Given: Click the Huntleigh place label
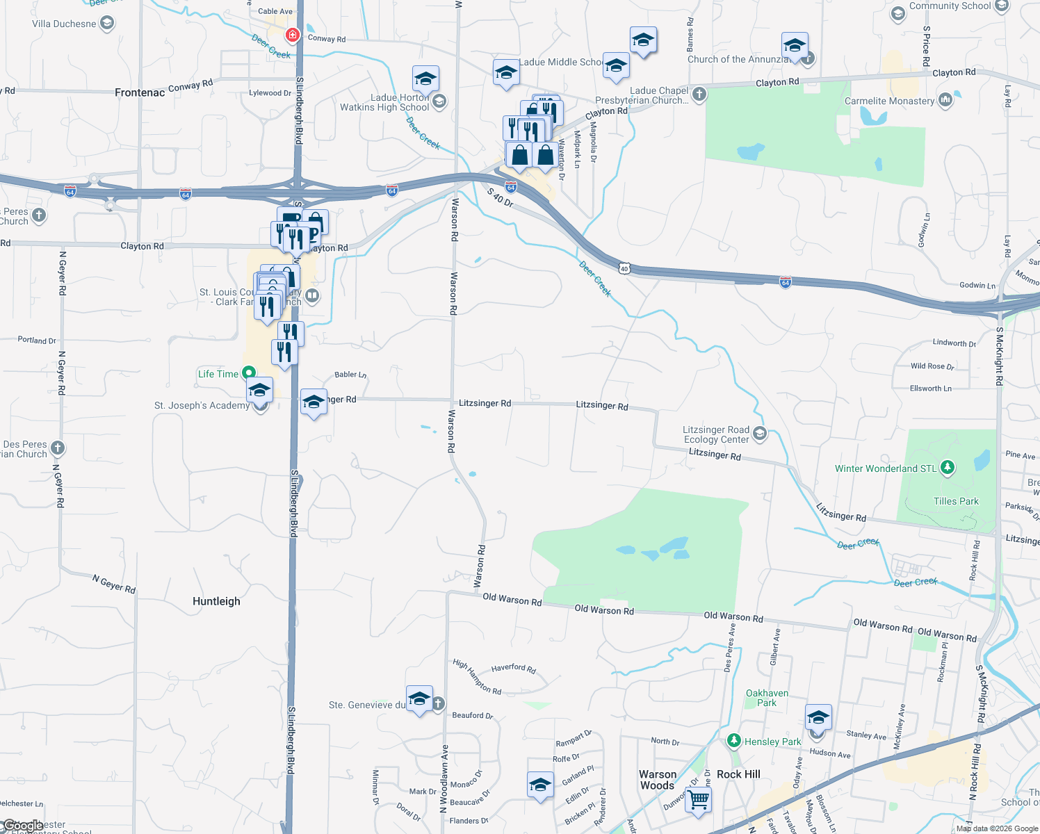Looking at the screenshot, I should click(x=216, y=601).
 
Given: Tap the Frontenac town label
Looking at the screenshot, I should click(x=140, y=92).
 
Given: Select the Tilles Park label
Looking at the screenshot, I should click(x=956, y=501).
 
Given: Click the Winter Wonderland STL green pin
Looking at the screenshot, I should click(x=947, y=468).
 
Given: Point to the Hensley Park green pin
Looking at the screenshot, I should click(x=733, y=741).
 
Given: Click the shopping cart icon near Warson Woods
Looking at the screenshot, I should click(x=698, y=799).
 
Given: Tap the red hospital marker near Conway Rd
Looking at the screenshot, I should click(x=293, y=34).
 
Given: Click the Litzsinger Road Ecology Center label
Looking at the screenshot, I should click(x=716, y=434).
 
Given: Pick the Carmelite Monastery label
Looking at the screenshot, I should click(x=889, y=101).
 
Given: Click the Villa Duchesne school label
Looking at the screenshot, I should click(x=64, y=24).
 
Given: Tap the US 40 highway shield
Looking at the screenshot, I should click(x=624, y=268).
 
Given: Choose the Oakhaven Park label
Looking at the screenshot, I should click(x=767, y=698).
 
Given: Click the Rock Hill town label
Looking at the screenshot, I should click(x=738, y=774).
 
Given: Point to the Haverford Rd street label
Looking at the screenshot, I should click(x=513, y=669).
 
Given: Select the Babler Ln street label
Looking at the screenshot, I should click(x=350, y=375).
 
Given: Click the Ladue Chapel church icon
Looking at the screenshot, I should click(x=699, y=94).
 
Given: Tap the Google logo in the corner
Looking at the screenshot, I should click(x=23, y=826).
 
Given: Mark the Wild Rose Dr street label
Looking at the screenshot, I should click(x=932, y=366).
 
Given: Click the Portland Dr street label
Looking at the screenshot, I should click(x=37, y=341).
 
